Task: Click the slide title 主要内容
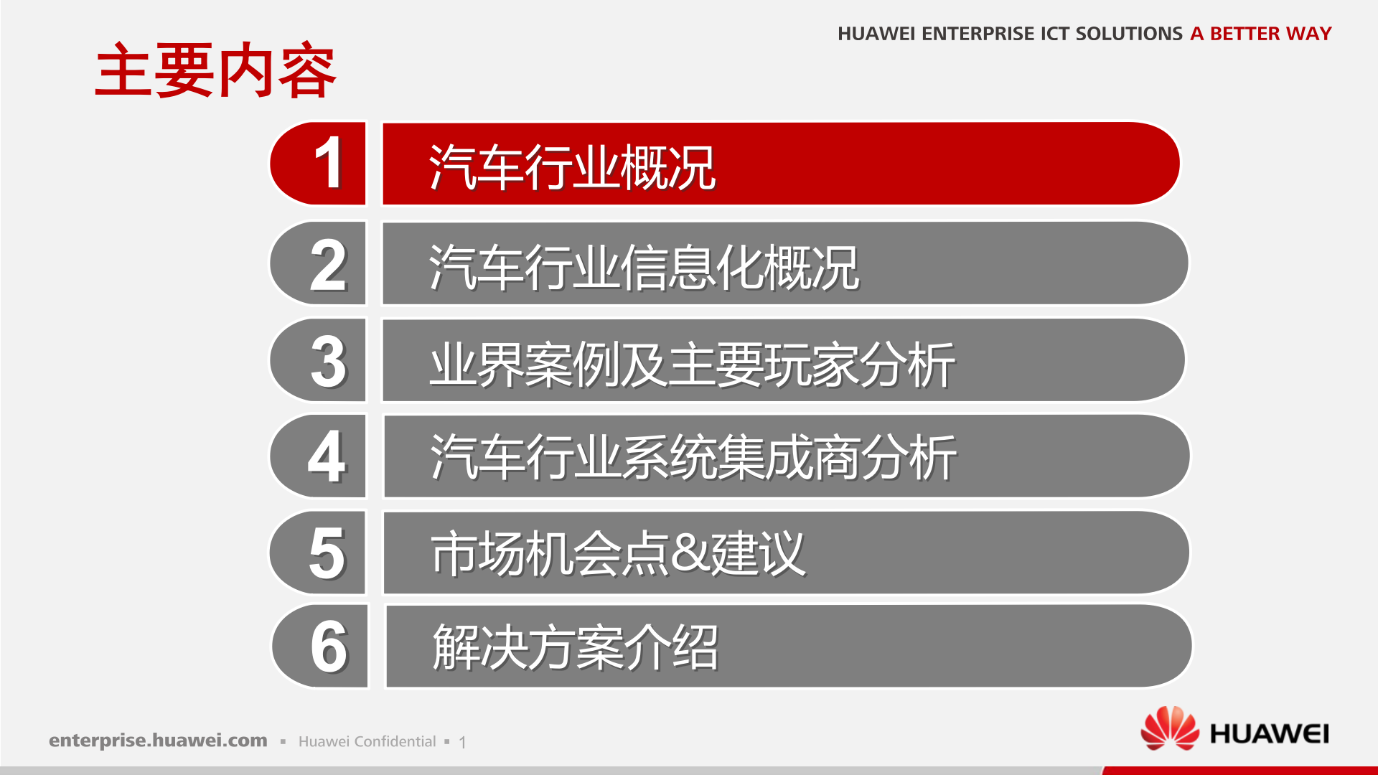coord(215,70)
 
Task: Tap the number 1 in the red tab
coord(329,164)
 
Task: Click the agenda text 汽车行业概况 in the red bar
coord(572,167)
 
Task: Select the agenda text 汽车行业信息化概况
coord(644,267)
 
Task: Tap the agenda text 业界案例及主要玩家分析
coord(692,365)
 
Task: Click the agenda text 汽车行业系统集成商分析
coord(693,457)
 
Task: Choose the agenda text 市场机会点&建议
coord(618,553)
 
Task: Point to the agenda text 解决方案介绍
coord(575,647)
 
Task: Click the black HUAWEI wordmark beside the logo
coord(1269,734)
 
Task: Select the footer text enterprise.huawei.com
coord(158,741)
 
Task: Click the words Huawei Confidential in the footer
coord(367,741)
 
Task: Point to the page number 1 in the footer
coord(463,742)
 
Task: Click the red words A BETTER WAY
coord(1260,34)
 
